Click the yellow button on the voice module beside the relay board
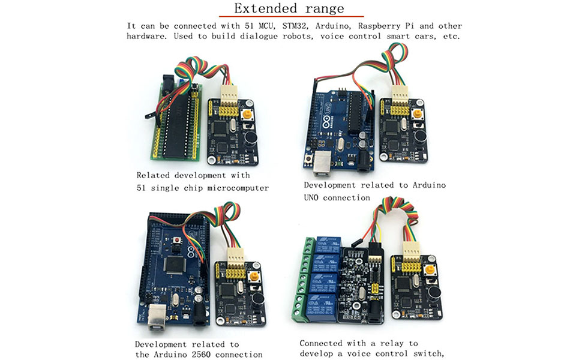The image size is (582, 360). tap(431, 271)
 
